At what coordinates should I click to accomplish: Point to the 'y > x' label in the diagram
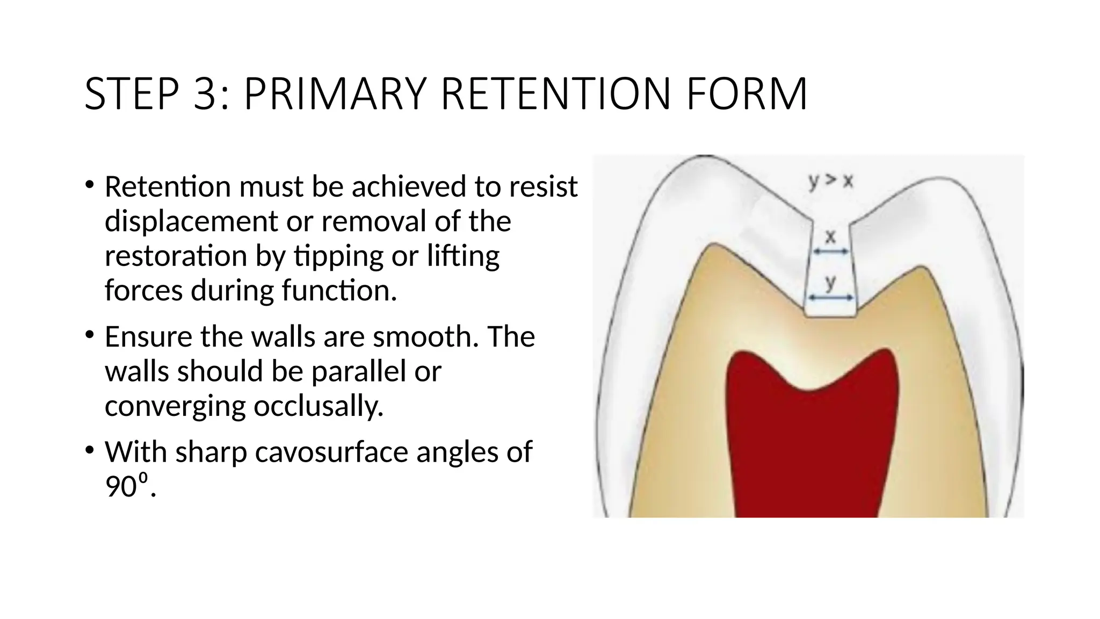coord(830,182)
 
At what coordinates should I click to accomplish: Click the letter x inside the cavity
coord(830,236)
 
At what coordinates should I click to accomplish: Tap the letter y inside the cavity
coord(831,282)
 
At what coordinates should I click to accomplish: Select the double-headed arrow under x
coord(830,251)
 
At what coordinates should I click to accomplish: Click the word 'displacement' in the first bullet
coord(191,221)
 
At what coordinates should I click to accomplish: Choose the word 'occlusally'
coord(319,406)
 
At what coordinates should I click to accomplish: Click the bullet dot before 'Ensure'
coord(89,335)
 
